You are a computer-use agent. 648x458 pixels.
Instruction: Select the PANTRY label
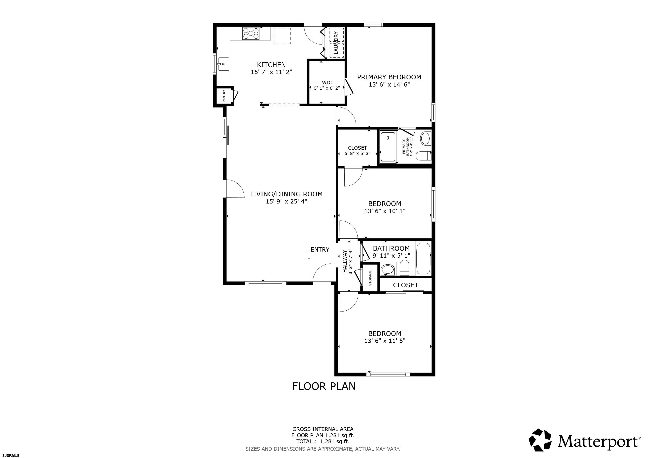click(224, 96)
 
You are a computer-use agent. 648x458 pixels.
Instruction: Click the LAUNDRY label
click(336, 42)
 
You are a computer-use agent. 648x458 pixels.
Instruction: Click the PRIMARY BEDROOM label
click(389, 77)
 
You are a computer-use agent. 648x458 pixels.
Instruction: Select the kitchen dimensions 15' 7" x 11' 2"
click(271, 72)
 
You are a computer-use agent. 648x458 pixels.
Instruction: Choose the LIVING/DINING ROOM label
click(286, 194)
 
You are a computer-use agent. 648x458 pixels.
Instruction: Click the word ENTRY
click(320, 250)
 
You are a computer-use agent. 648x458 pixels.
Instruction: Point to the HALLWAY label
click(345, 261)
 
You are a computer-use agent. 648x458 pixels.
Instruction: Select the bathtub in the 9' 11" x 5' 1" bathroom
click(423, 258)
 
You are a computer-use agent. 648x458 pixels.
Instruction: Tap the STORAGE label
click(370, 278)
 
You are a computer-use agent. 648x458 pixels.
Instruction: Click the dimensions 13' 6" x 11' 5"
click(385, 341)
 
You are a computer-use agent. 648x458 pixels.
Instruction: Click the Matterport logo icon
click(540, 440)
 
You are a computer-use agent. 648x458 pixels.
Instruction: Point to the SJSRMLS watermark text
click(11, 455)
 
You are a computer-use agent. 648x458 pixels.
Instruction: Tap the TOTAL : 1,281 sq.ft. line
click(323, 441)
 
